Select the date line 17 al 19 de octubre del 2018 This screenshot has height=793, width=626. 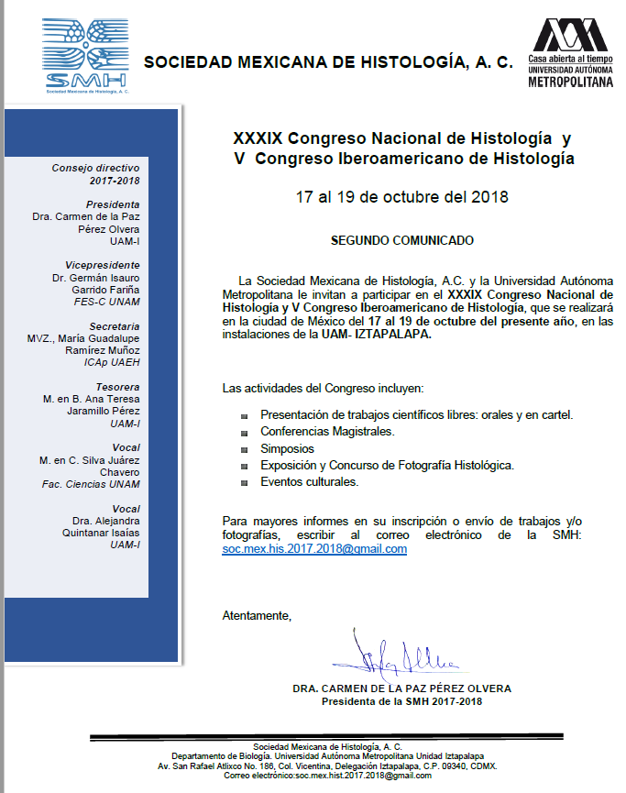pos(401,197)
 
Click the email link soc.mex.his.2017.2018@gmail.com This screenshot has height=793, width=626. pos(314,549)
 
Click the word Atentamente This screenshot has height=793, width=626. pos(257,615)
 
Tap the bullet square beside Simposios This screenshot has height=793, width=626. pos(245,450)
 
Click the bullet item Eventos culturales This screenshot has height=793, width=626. pos(309,481)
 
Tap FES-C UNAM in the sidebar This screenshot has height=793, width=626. pos(106,301)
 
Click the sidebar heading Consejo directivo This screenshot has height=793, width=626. pos(95,168)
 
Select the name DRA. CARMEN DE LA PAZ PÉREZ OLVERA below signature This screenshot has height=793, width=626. pos(401,688)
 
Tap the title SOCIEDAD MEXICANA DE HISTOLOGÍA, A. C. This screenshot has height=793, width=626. pos(328,63)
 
